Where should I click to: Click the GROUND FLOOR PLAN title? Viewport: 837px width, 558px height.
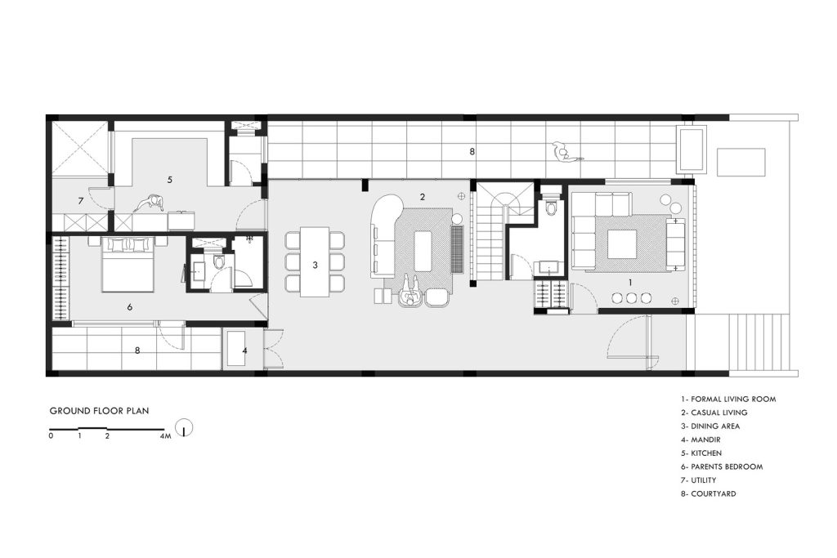(99, 411)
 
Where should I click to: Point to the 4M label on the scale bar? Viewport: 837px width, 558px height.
(165, 435)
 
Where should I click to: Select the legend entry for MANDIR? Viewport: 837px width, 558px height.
(700, 440)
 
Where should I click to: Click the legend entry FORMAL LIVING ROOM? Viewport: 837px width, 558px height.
(728, 399)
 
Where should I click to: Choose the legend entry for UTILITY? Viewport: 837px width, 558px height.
(698, 480)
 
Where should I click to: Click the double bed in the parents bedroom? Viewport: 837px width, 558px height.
(128, 266)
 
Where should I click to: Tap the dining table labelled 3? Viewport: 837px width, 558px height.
(315, 262)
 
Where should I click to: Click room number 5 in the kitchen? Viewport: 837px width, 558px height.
(170, 180)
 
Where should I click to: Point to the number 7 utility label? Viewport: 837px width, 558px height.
(81, 201)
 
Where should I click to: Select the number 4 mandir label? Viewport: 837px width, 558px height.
(244, 351)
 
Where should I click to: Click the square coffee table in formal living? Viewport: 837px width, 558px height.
(621, 243)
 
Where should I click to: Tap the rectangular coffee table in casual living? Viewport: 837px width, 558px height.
(423, 251)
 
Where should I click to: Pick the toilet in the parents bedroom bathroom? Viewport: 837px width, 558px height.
(218, 262)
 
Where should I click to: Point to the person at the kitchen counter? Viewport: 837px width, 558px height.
(150, 204)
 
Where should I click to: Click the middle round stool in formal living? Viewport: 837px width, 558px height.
(632, 298)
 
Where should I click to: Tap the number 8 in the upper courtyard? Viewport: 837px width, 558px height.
(472, 151)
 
